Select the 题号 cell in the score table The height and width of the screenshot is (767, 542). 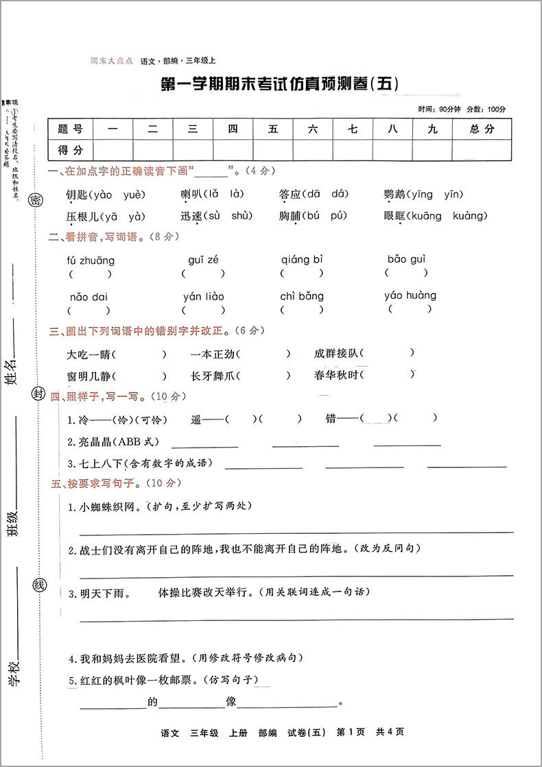71,128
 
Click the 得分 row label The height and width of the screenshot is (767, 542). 71,149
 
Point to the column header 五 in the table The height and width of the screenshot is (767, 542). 273,128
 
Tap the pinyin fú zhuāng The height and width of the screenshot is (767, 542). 91,260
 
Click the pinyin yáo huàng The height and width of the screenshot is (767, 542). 410,295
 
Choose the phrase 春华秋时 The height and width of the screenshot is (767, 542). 335,376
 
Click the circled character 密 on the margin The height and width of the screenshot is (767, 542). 34,199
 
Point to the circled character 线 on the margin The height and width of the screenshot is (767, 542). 39,585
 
